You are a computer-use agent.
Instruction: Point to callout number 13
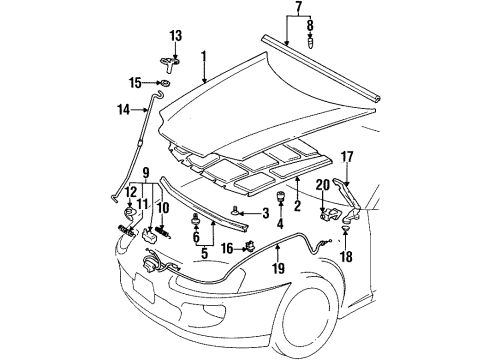pos(175,36)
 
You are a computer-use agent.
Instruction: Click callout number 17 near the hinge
pos(347,155)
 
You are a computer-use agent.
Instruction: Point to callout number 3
pos(265,212)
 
